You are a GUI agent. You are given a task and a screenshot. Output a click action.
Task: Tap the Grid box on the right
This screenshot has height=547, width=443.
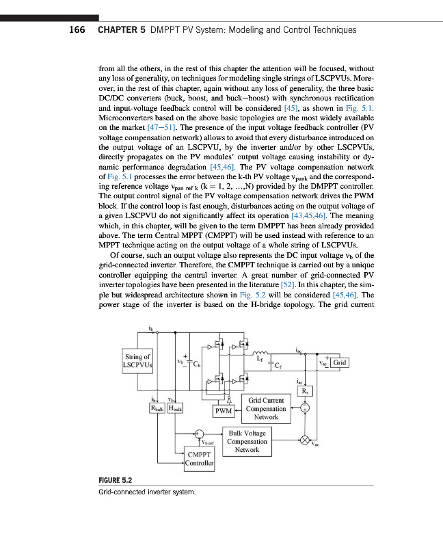click(340, 362)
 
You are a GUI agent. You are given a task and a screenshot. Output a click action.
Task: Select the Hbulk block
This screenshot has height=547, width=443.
click(174, 408)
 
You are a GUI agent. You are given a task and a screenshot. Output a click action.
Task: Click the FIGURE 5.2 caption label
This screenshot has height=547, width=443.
click(99, 481)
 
